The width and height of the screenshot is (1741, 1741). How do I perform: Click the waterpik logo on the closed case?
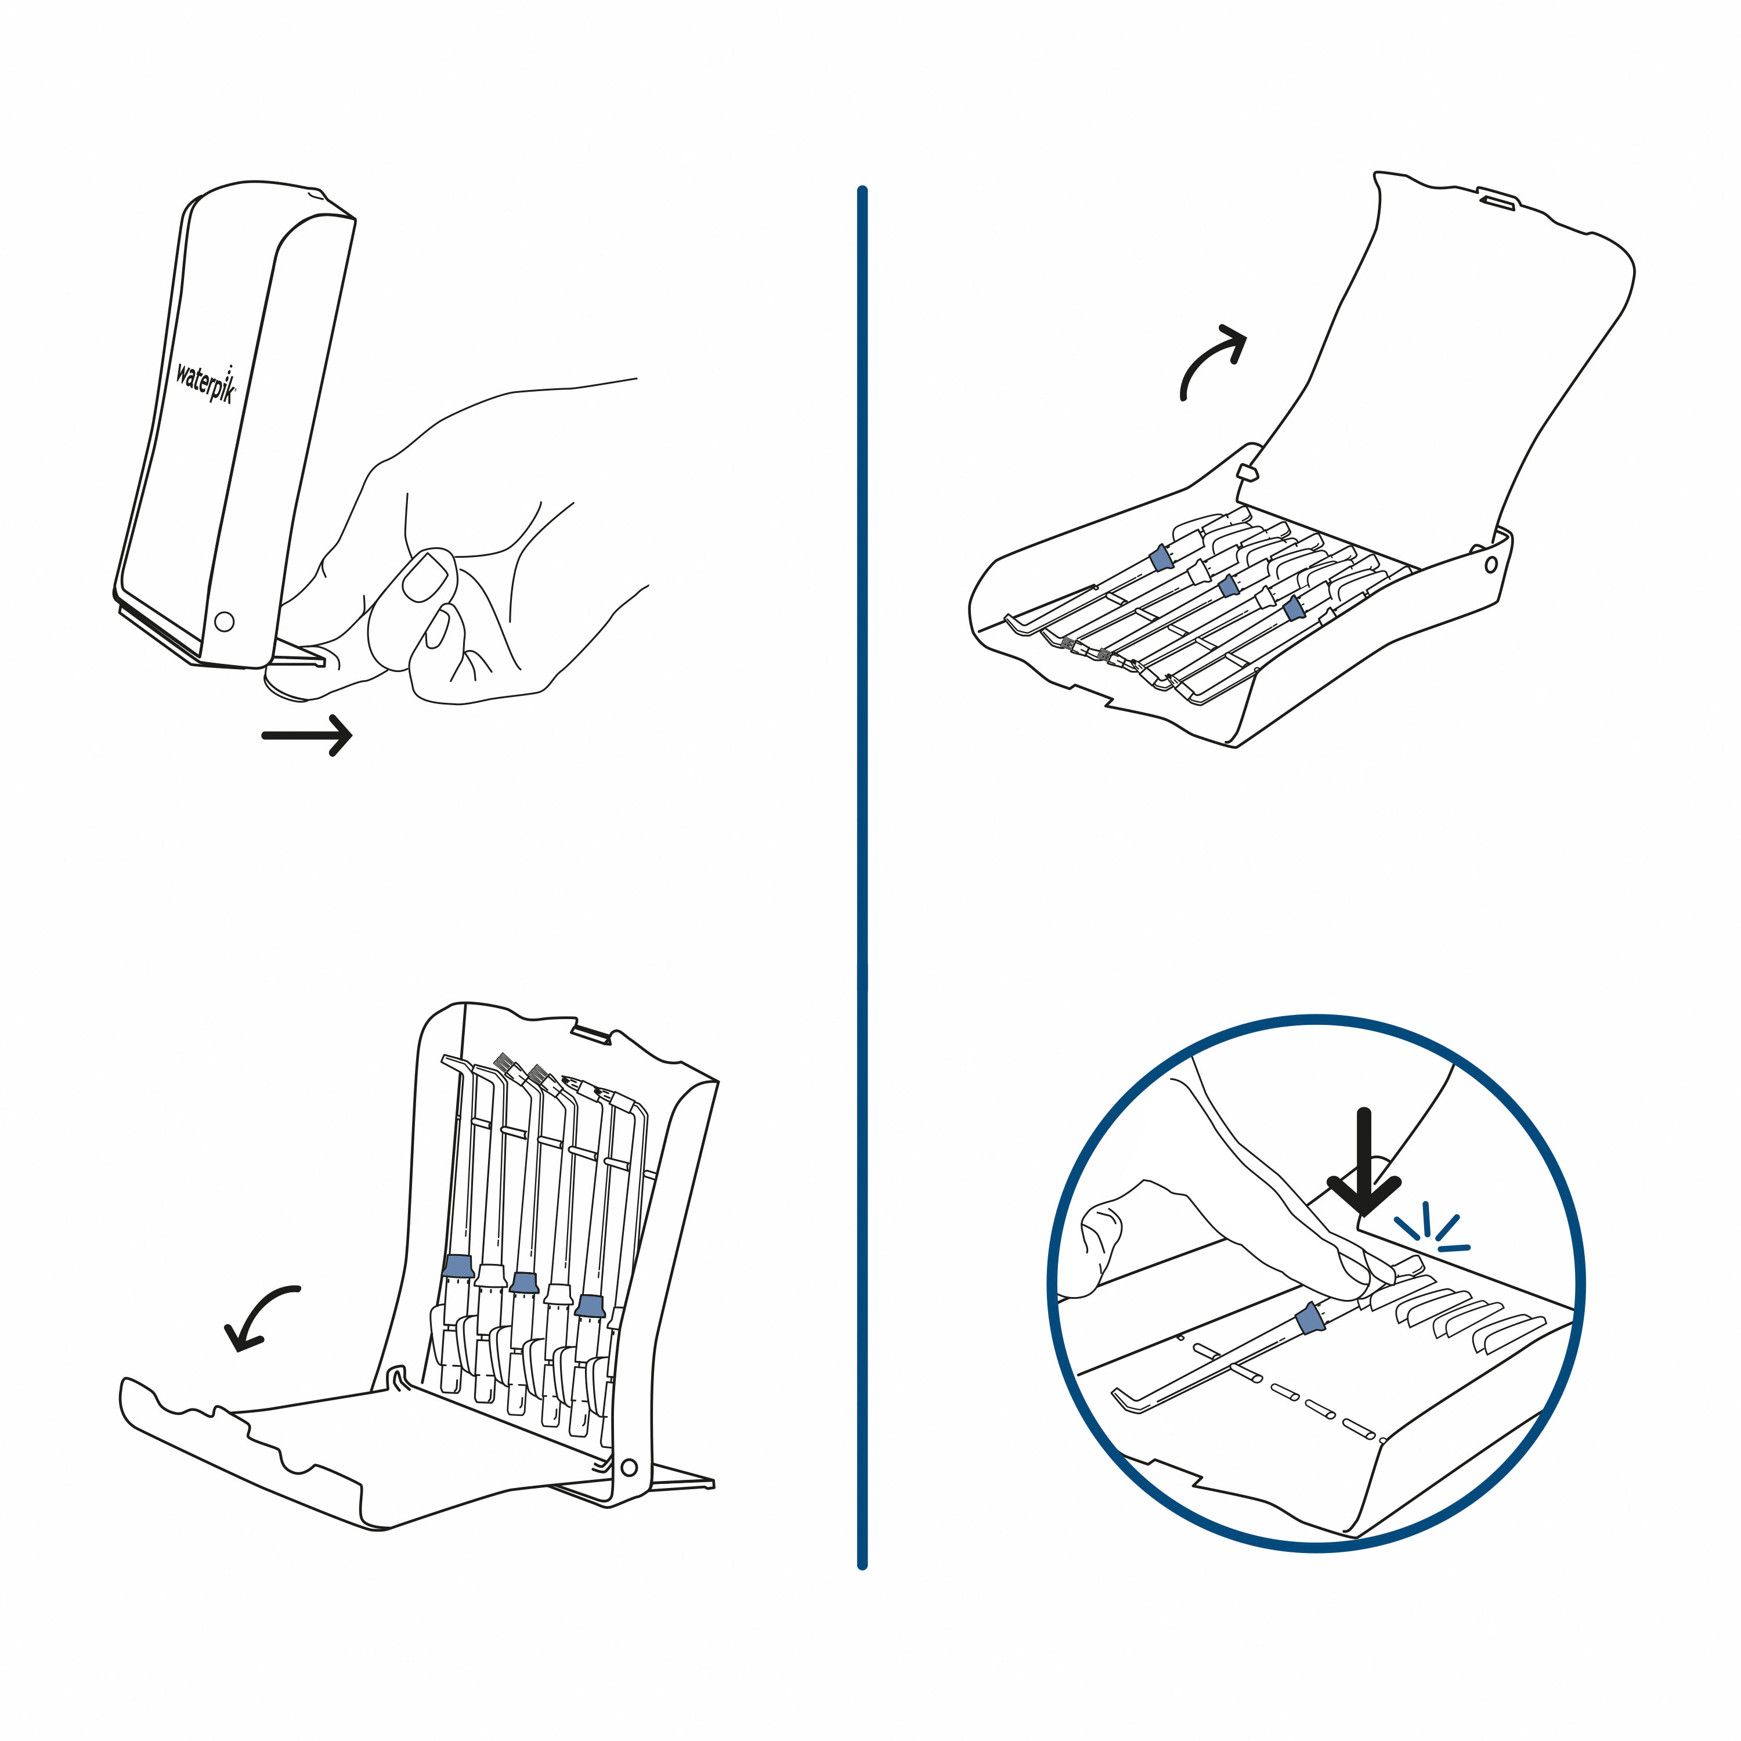pos(205,383)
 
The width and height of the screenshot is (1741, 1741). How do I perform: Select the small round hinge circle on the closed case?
pos(225,621)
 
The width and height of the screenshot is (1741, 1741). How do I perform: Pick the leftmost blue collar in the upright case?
pos(458,1266)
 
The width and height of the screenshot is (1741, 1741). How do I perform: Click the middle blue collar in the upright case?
pos(523,1283)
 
